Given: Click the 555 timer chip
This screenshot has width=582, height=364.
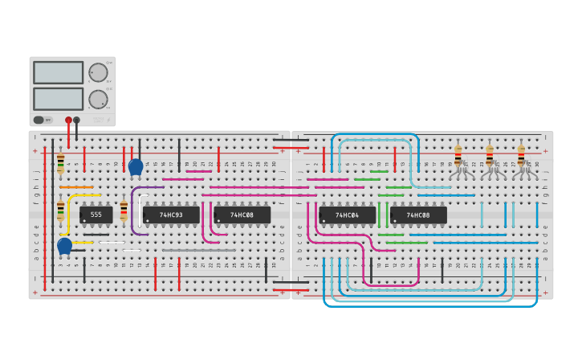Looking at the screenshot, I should (x=96, y=215).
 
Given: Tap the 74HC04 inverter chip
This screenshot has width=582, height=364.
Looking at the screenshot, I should (x=347, y=215).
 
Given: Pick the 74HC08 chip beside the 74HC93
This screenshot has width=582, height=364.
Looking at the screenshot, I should (x=242, y=215).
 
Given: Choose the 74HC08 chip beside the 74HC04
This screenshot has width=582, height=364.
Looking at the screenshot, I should (x=417, y=215).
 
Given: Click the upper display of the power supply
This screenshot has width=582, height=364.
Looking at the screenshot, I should (x=58, y=72).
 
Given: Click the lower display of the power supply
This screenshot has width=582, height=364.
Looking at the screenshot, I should (x=58, y=98).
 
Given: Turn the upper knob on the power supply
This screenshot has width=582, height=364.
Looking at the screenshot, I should (x=98, y=72).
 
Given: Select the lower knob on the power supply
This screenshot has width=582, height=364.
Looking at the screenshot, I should (x=98, y=99).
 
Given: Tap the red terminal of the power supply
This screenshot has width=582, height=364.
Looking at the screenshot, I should (x=68, y=120).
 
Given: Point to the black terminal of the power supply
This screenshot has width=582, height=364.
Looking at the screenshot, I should (x=77, y=120).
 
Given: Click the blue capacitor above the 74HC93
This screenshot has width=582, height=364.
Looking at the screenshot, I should (x=136, y=166).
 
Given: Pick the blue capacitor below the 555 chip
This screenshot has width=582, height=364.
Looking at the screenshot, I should (x=65, y=245).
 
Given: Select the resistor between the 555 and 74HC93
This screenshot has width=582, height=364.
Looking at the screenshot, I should (x=124, y=211).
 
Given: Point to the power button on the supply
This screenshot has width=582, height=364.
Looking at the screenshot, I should (x=39, y=120).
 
